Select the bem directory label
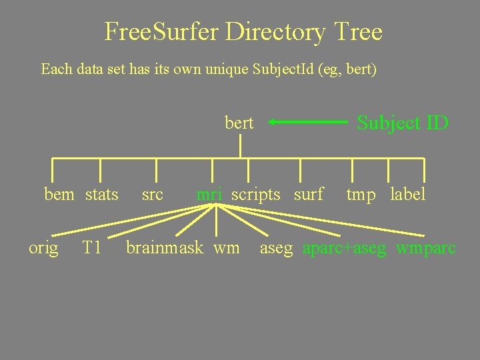(59, 195)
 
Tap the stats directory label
(102, 195)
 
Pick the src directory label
(153, 195)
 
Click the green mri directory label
(209, 195)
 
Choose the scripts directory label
(256, 195)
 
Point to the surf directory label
(309, 195)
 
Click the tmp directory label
(361, 195)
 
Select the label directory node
(407, 195)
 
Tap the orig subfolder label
(43, 249)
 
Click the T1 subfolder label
(91, 248)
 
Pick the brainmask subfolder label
(164, 248)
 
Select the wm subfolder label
(227, 248)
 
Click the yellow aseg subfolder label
(276, 249)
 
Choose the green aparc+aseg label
(344, 249)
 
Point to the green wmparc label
(426, 249)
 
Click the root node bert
(239, 123)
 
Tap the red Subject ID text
(403, 123)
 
